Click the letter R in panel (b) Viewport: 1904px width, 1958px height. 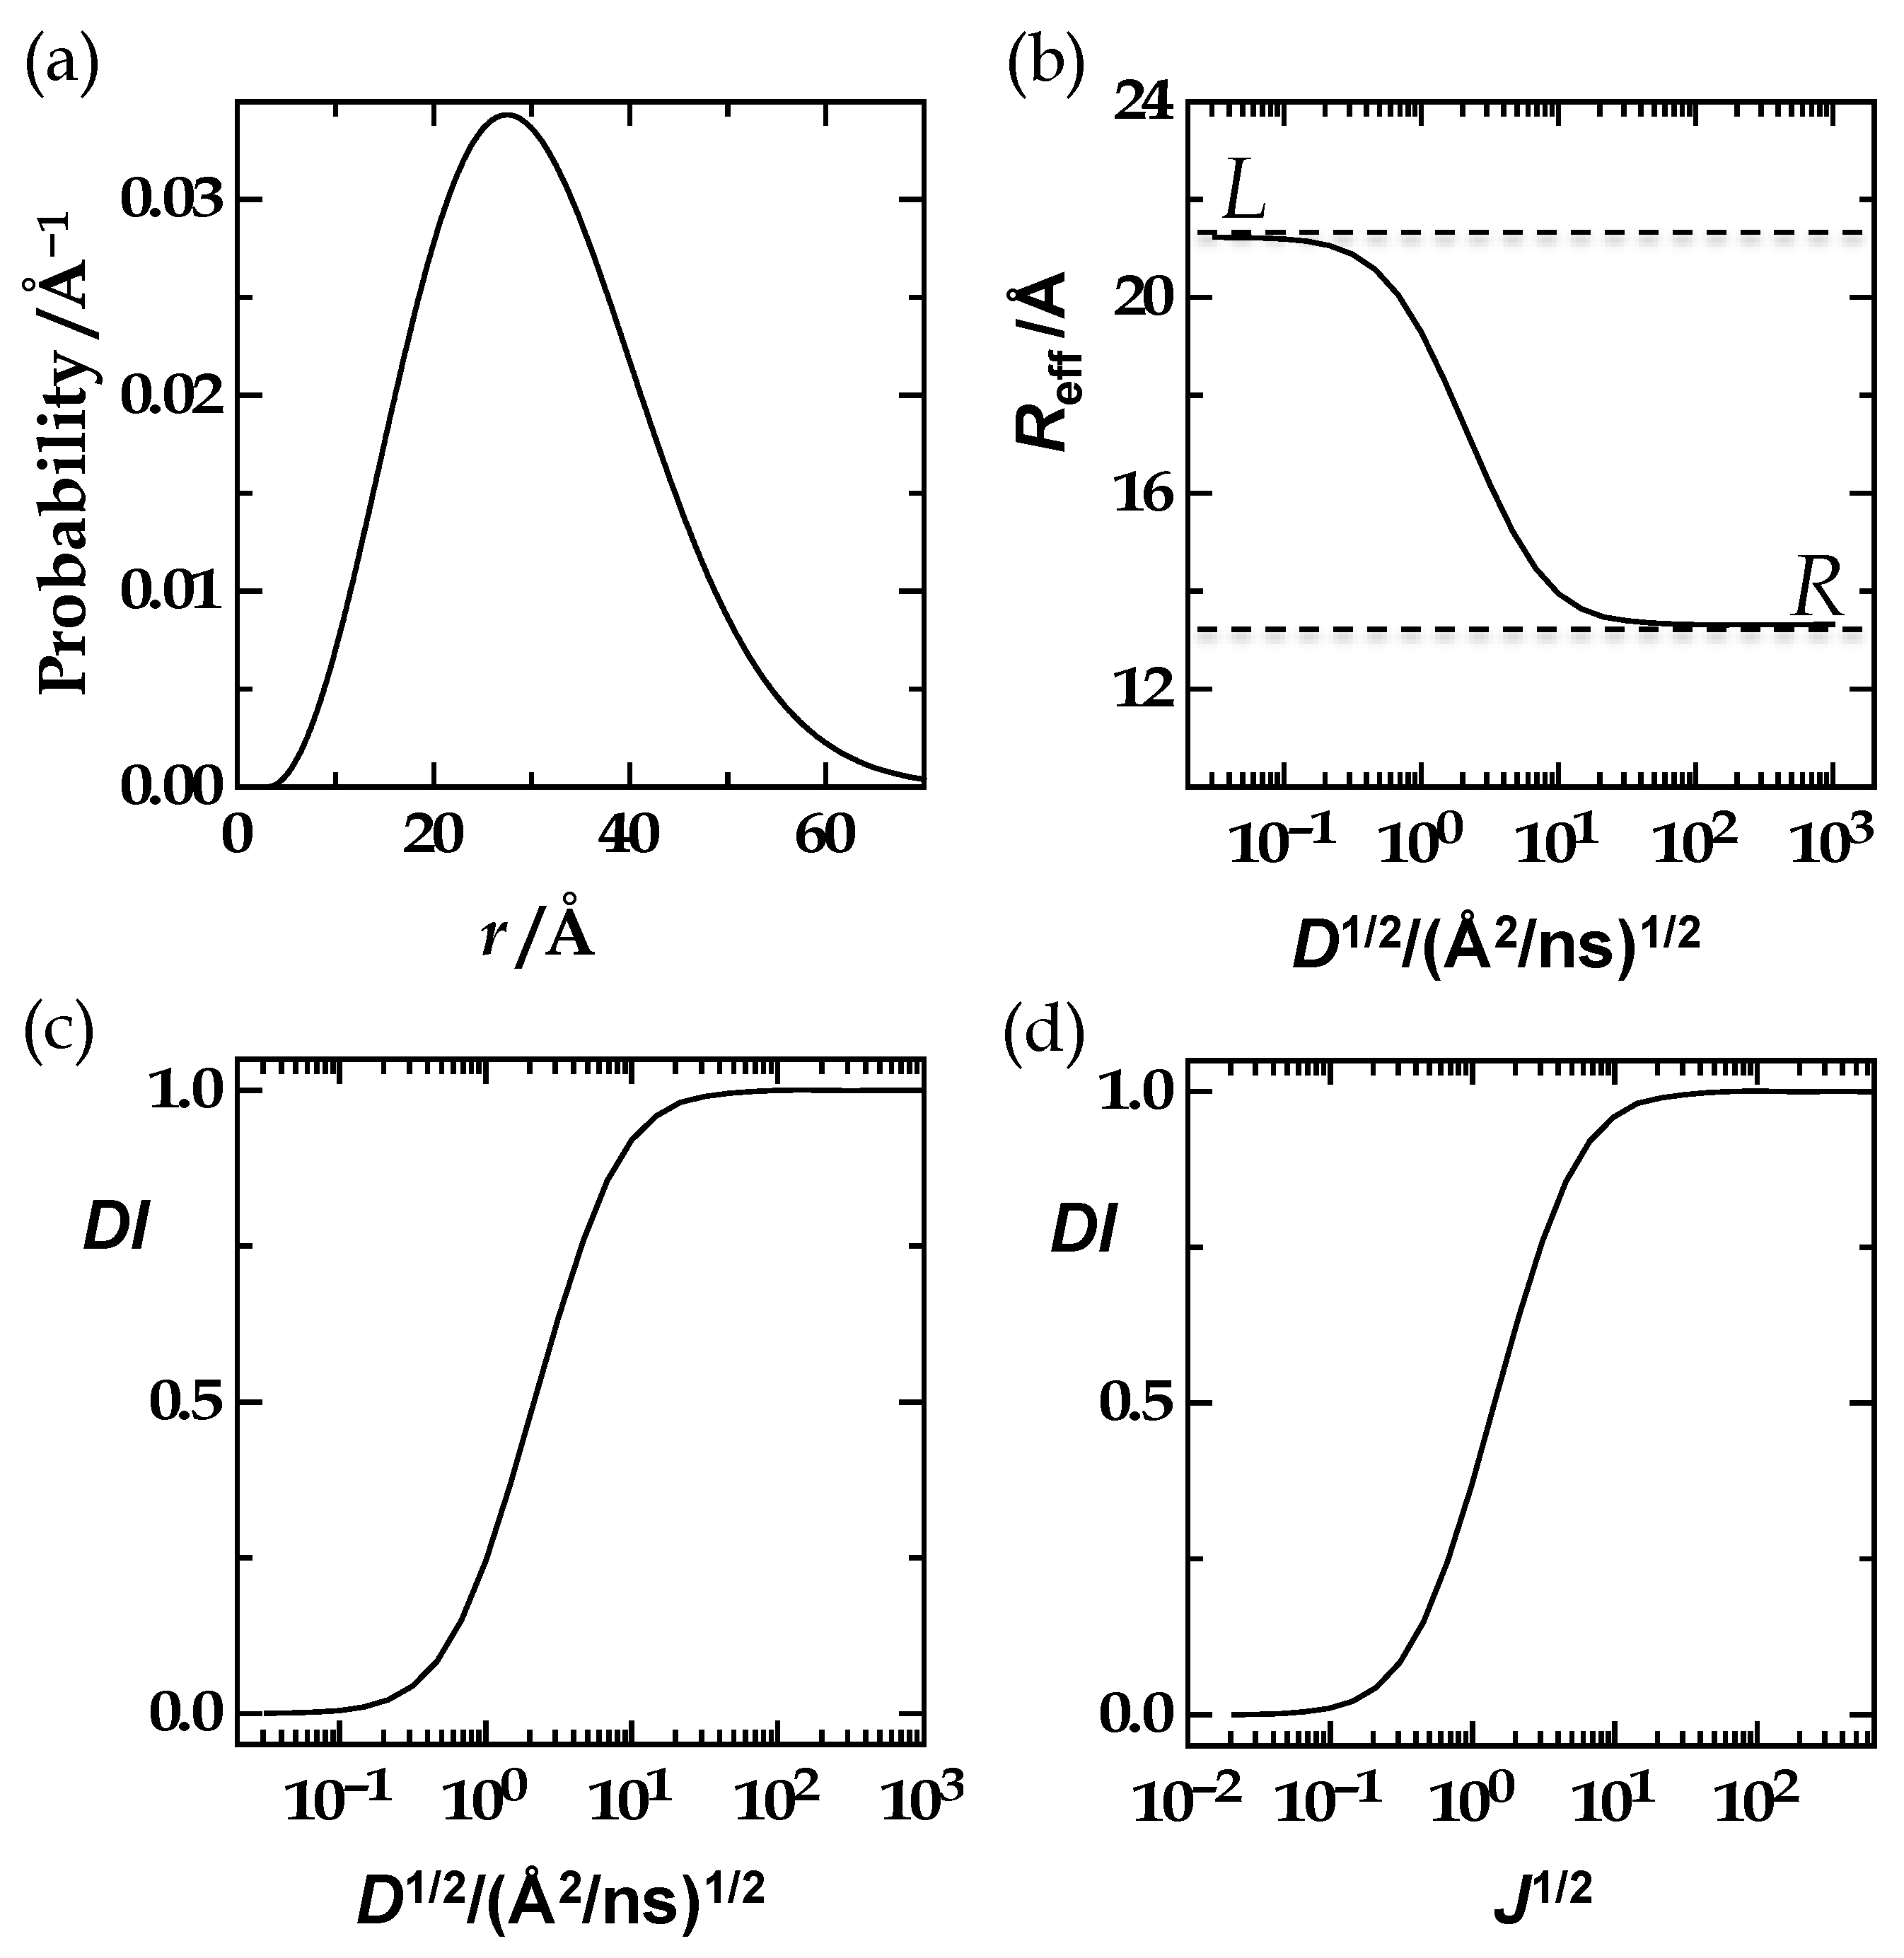tap(1817, 591)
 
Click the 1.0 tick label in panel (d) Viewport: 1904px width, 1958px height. tap(1135, 1092)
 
